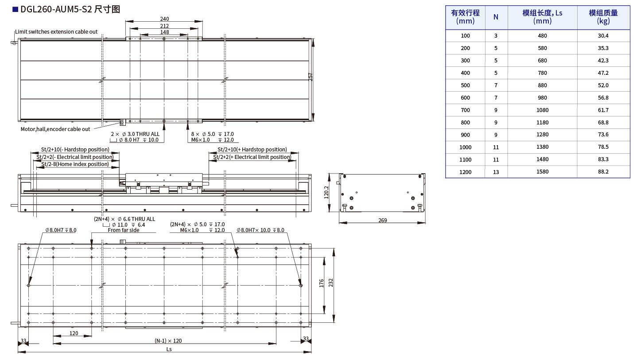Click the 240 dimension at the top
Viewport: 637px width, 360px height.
pyautogui.click(x=164, y=19)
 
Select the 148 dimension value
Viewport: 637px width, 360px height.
pyautogui.click(x=164, y=32)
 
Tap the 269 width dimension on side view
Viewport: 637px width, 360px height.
pyautogui.click(x=383, y=220)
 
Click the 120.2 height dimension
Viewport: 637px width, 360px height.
pyautogui.click(x=326, y=193)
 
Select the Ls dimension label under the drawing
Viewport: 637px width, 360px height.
pyautogui.click(x=169, y=349)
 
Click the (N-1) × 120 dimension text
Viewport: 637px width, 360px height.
pyautogui.click(x=168, y=341)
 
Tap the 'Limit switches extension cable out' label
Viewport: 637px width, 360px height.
pyautogui.click(x=56, y=32)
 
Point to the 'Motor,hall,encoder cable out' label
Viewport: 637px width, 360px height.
pyautogui.click(x=55, y=129)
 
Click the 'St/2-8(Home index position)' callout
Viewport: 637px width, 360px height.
pyautogui.click(x=75, y=164)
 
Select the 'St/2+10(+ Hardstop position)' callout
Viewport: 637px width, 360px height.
pyautogui.click(x=252, y=150)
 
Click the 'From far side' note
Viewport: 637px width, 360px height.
pyautogui.click(x=124, y=230)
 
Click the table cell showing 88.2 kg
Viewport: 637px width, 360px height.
pyautogui.click(x=603, y=172)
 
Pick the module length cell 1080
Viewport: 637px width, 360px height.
pyautogui.click(x=542, y=110)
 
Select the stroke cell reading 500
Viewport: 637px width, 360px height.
pyautogui.click(x=465, y=85)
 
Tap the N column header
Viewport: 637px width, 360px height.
pyautogui.click(x=496, y=17)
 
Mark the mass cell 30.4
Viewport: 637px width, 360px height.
pyautogui.click(x=603, y=35)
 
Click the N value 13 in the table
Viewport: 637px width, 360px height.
pyautogui.click(x=496, y=172)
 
